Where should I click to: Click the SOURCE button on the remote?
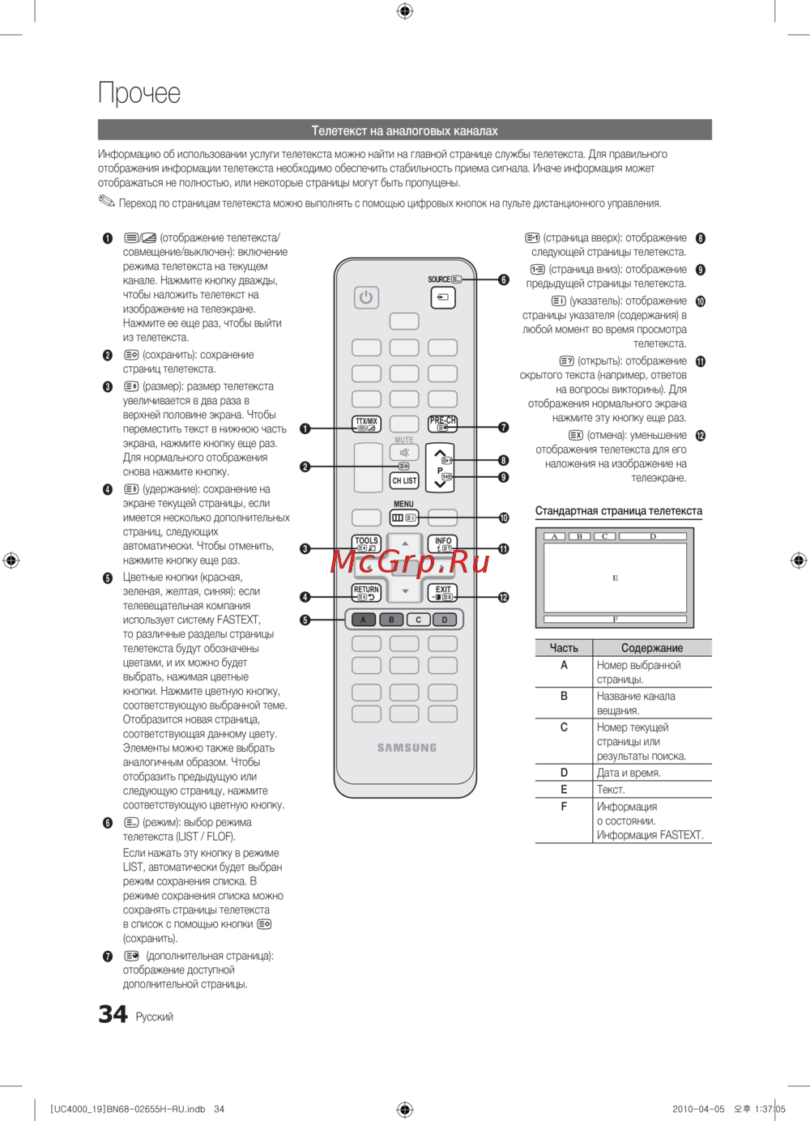coord(442,297)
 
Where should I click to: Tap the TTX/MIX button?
coord(366,424)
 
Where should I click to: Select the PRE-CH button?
coord(442,424)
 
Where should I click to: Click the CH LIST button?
coord(404,480)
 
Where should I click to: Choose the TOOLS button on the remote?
coord(366,543)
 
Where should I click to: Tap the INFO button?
coord(443,543)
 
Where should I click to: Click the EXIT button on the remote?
coord(443,593)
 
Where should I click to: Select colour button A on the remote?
coord(363,620)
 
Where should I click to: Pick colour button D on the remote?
coord(444,620)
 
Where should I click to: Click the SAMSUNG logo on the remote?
coord(407,748)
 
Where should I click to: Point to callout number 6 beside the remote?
coord(503,279)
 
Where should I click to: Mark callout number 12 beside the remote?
coord(503,597)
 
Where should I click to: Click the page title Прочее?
coord(139,93)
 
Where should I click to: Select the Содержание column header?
coord(651,648)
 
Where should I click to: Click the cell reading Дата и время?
coord(629,773)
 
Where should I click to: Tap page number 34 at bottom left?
coord(113,1014)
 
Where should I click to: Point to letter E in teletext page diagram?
coord(615,578)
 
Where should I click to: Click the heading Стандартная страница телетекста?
coord(618,511)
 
